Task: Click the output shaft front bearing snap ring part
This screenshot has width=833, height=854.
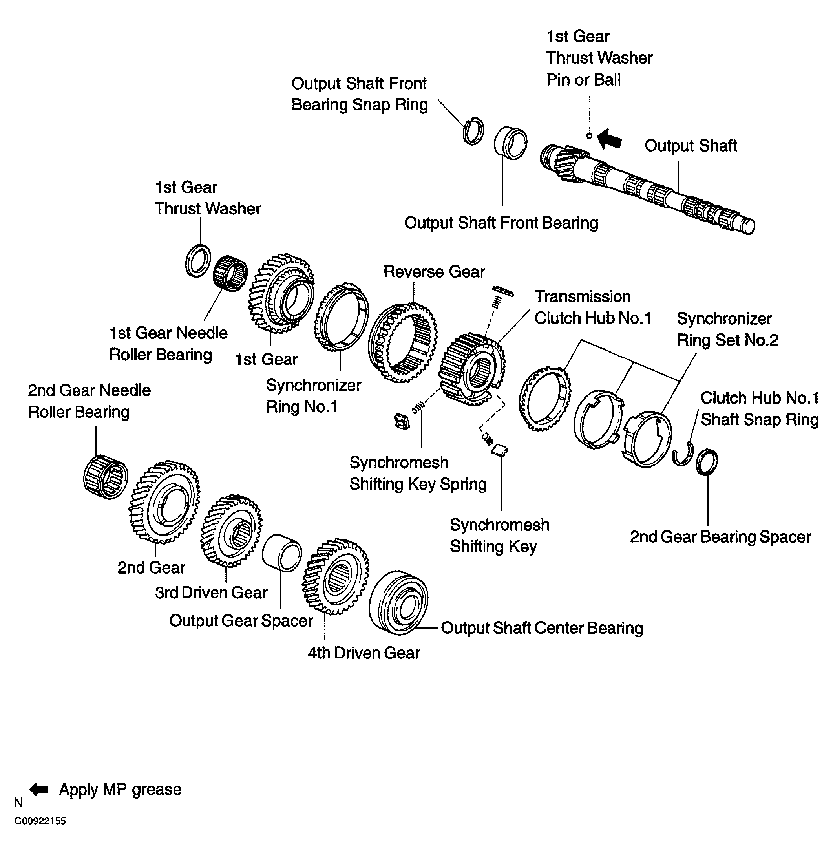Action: pos(473,131)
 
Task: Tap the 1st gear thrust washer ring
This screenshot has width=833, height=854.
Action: pos(198,261)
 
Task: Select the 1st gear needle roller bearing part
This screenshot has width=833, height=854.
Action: pos(230,273)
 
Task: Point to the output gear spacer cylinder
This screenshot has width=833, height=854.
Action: pos(282,552)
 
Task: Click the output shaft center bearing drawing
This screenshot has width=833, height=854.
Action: pos(398,602)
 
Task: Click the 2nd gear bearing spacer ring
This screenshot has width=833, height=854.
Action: pos(707,462)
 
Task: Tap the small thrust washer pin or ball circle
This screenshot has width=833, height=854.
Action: pos(589,136)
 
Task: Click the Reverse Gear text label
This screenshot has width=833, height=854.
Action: pos(434,272)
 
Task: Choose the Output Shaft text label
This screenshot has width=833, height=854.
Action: pos(691,146)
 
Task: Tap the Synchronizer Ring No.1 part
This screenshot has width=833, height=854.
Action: pos(341,317)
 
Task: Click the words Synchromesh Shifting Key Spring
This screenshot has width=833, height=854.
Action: pos(417,474)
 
